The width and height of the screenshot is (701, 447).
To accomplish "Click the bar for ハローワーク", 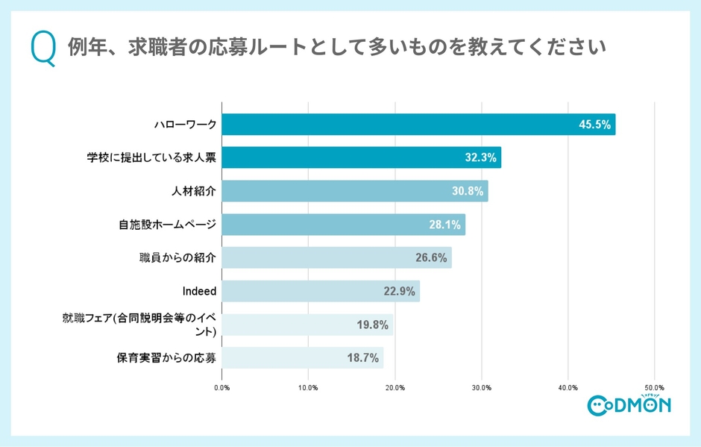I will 418,125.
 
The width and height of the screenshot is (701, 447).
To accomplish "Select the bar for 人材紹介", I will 354,191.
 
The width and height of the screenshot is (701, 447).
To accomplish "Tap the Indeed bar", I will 321,291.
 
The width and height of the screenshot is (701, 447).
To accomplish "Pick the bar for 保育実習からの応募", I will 302,357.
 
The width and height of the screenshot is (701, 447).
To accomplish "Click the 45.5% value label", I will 595,125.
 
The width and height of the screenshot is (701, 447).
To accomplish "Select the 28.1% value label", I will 445,225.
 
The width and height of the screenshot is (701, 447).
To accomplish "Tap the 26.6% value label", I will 431,258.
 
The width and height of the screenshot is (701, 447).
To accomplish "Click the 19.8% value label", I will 372,325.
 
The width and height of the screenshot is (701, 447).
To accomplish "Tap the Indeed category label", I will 199,291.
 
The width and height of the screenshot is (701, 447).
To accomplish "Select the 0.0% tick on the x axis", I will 222,388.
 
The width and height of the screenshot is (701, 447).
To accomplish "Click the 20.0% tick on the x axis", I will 395,388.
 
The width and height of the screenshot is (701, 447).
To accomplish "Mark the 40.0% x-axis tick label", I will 568,388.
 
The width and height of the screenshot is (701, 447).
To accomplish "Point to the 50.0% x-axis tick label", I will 654,388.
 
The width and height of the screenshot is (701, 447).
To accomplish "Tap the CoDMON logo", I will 629,404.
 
